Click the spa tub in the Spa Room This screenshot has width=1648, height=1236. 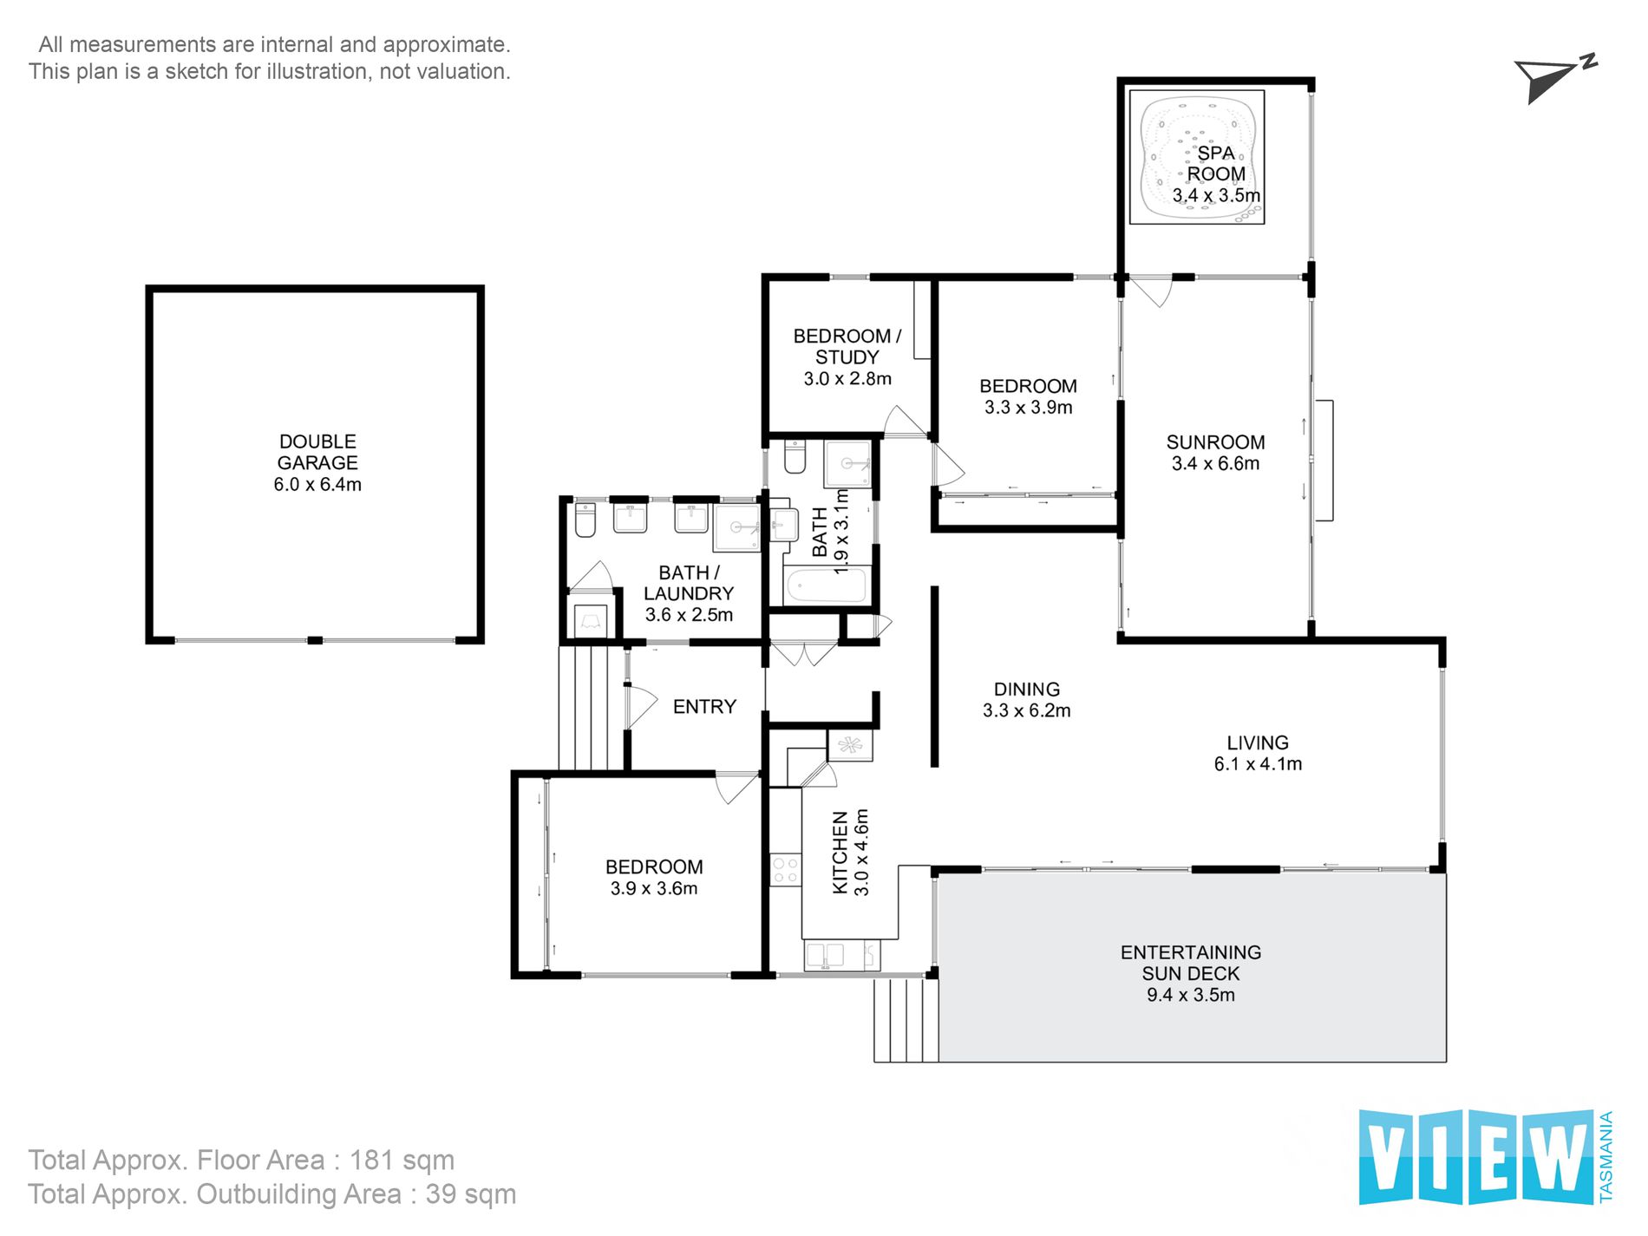click(1197, 158)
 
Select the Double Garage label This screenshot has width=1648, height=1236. click(317, 463)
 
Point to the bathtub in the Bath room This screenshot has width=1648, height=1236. click(826, 585)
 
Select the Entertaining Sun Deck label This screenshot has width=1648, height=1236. click(1191, 973)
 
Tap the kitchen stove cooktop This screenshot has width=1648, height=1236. click(786, 871)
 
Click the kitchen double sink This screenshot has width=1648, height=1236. click(825, 955)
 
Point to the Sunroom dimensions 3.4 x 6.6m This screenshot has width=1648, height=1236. click(1215, 464)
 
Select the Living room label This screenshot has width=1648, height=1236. click(1258, 753)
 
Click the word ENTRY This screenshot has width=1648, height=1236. click(704, 707)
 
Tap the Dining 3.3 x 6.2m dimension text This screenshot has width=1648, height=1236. click(1027, 711)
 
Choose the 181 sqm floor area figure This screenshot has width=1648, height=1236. click(402, 1161)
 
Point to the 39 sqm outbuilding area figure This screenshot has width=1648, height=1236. click(471, 1194)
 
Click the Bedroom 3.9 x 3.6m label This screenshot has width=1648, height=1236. click(654, 878)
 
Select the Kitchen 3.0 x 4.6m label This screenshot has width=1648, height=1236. click(850, 853)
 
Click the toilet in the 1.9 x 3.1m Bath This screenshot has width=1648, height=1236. click(795, 456)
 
